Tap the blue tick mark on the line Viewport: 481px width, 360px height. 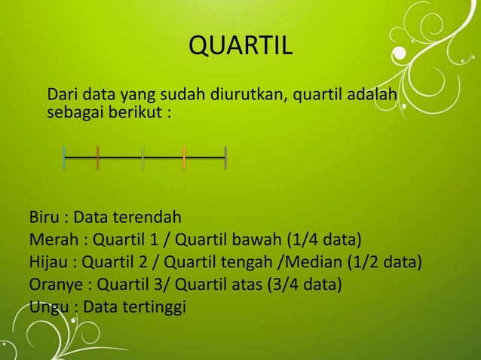pos(65,158)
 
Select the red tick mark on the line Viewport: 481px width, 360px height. pos(98,158)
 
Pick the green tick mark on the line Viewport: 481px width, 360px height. pos(143,158)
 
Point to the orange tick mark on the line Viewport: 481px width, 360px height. pos(184,158)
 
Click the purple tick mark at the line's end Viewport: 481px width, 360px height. pos(225,158)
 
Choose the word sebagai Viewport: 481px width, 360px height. pos(74,114)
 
